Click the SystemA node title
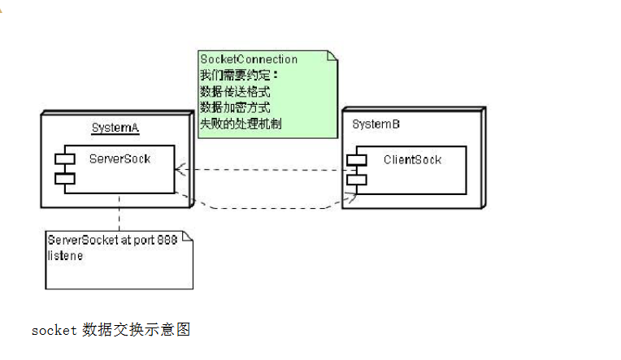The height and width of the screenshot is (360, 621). (x=115, y=128)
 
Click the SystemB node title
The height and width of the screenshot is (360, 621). (x=376, y=124)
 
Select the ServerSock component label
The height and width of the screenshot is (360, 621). (x=119, y=158)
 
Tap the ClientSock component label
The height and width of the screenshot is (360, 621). (x=412, y=159)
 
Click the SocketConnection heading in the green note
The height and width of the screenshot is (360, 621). (x=249, y=59)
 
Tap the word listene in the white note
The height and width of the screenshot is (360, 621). (x=65, y=255)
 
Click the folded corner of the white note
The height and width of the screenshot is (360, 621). (x=188, y=236)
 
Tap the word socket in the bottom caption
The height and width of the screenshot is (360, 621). (x=53, y=330)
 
